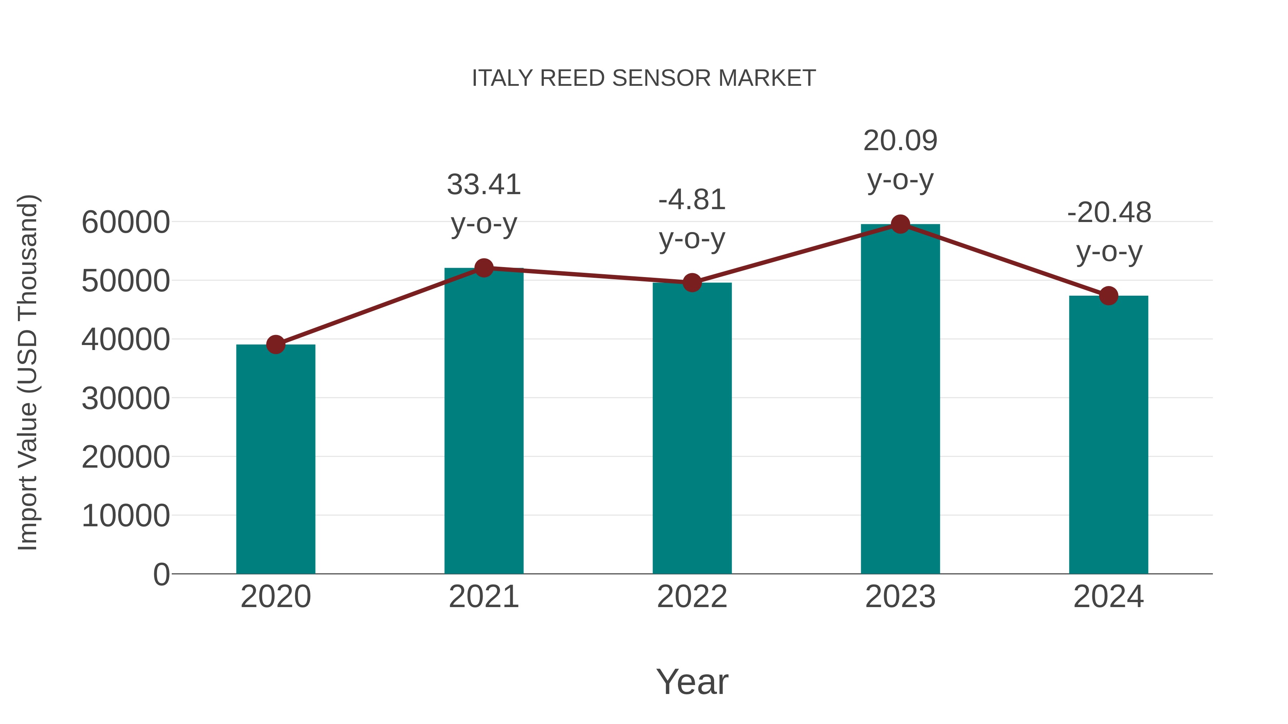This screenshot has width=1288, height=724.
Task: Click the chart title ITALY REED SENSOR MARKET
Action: point(644,78)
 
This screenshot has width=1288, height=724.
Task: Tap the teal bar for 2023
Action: point(900,400)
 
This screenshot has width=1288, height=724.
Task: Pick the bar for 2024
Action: point(1108,435)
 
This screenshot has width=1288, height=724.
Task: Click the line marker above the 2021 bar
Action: point(483,268)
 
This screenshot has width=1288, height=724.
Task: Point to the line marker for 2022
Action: point(692,283)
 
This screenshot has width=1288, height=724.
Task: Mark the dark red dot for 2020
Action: point(275,344)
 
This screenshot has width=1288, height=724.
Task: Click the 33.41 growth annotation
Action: point(483,185)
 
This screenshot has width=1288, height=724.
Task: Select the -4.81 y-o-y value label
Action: point(692,200)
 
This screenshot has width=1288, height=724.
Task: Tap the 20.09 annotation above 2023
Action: point(900,141)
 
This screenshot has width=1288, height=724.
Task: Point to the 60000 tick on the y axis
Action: point(126,222)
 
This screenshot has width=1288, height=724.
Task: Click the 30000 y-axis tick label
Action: point(126,399)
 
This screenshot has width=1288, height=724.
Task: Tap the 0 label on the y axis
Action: point(161,575)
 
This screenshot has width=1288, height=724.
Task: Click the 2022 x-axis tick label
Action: point(692,597)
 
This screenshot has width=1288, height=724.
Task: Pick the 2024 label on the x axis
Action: point(1108,597)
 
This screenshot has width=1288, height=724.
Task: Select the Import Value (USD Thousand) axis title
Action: point(28,372)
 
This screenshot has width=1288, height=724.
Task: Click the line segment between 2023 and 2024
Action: point(1004,260)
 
